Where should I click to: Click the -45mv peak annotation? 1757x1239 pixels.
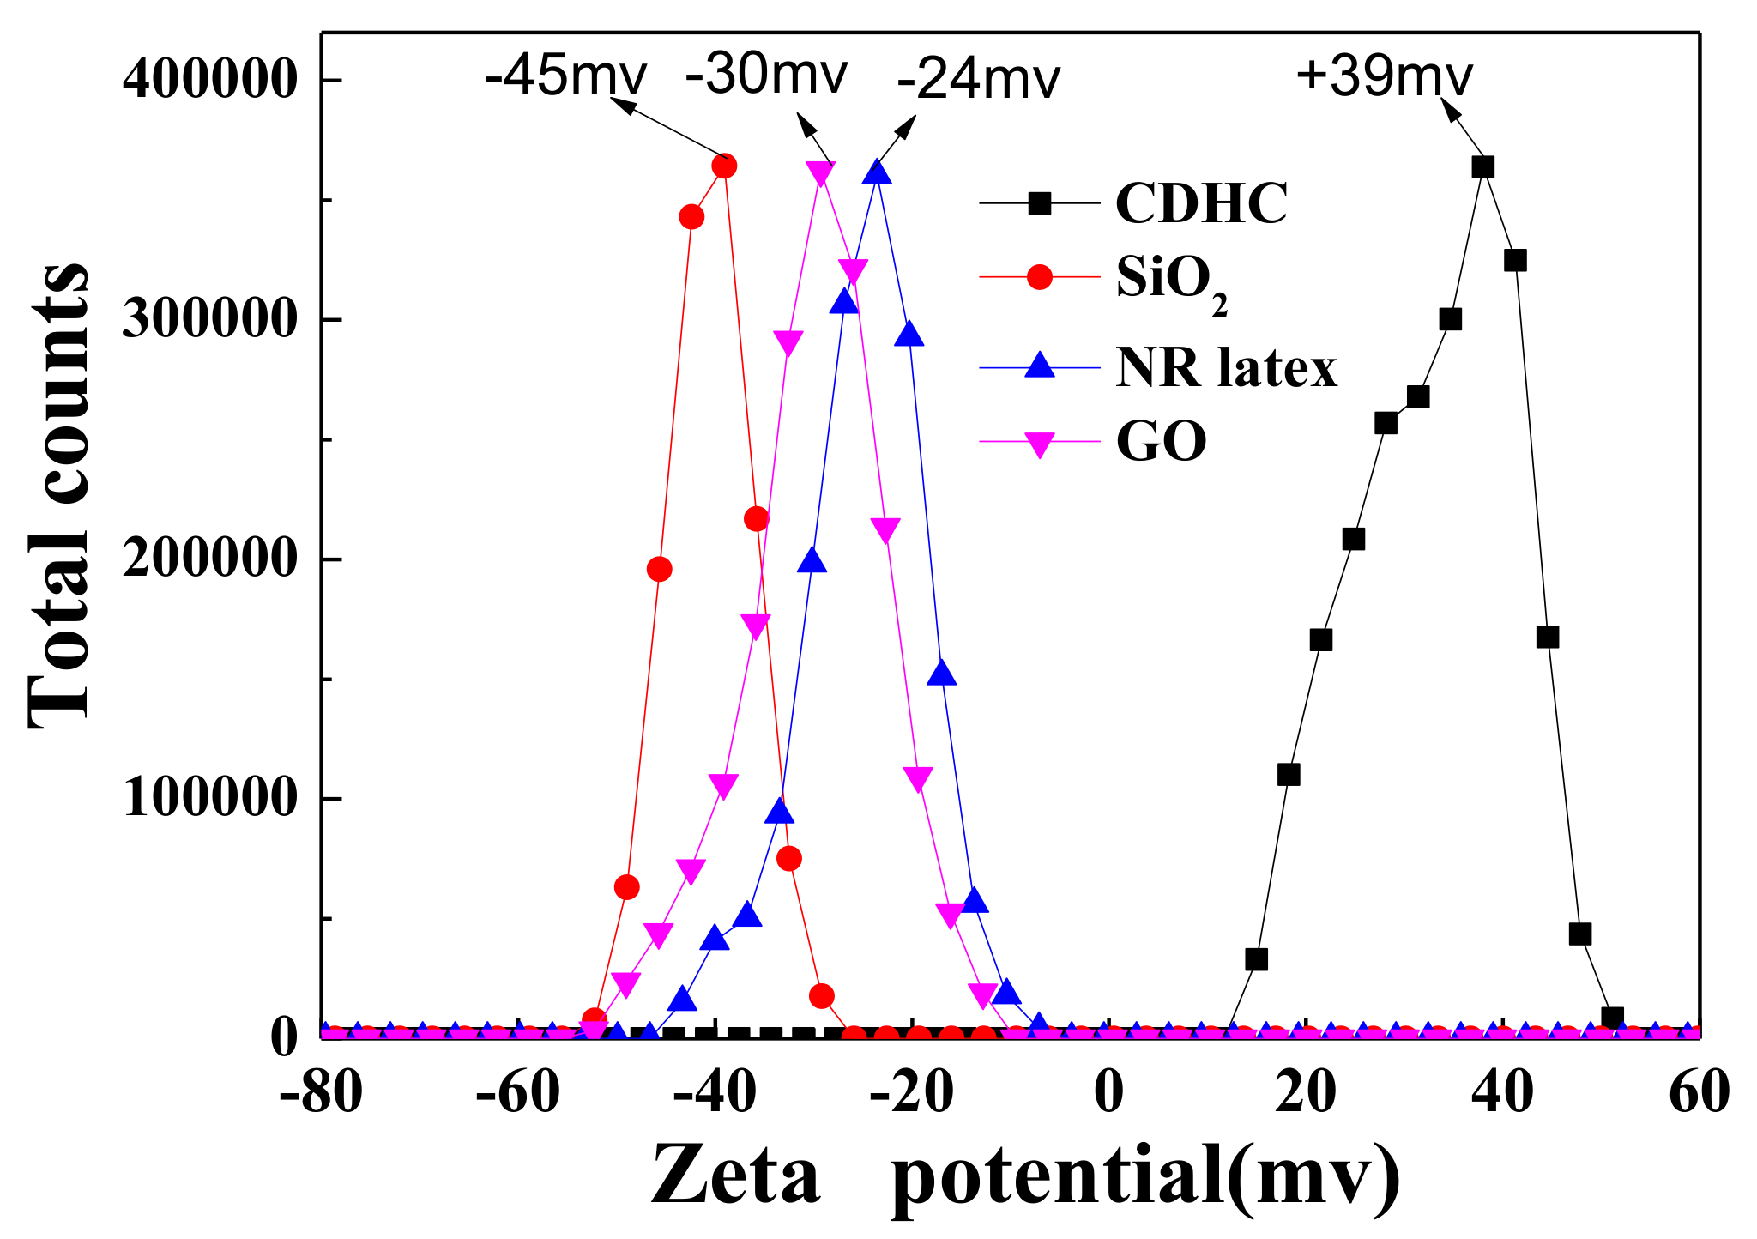[565, 76]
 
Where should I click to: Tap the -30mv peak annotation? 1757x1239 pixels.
[766, 75]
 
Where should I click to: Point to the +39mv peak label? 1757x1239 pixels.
[1384, 76]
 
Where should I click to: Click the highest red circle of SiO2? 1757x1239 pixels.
[725, 166]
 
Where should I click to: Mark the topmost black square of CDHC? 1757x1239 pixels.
[1483, 167]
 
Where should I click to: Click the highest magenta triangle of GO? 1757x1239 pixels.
[821, 172]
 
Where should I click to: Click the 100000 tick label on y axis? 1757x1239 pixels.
[209, 798]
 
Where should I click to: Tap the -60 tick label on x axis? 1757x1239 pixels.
[517, 1093]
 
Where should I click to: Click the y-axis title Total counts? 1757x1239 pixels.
[58, 496]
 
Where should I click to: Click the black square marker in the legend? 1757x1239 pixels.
[1040, 203]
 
